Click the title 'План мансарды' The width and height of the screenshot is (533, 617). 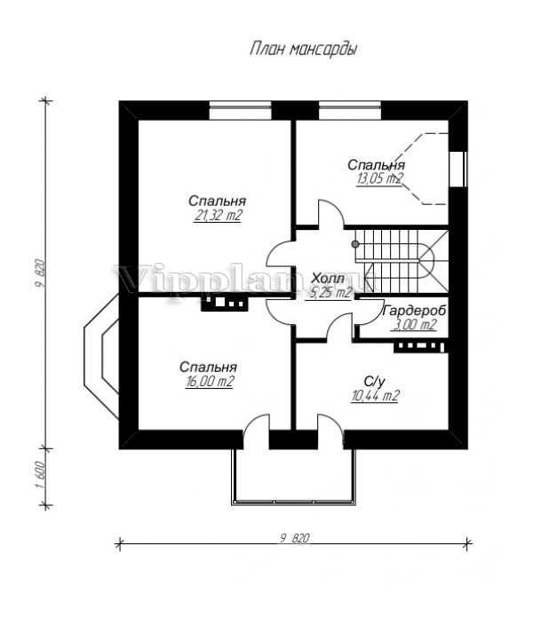tap(304, 50)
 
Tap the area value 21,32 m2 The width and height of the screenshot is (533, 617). tap(218, 216)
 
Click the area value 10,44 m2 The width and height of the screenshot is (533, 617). tap(373, 396)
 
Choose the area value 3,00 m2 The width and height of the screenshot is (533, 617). tap(414, 325)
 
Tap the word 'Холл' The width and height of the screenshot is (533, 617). tap(328, 277)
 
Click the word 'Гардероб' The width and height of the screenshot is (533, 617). tap(413, 311)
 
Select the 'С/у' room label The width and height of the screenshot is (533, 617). tap(374, 380)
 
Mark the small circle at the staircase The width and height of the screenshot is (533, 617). tap(354, 242)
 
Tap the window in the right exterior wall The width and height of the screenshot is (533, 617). tap(460, 169)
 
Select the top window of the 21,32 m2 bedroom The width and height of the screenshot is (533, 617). tap(240, 110)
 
